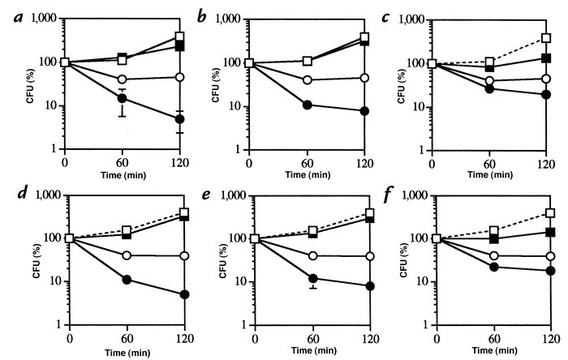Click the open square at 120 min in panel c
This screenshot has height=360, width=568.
(x=547, y=37)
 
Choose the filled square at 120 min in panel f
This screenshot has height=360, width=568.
(x=551, y=232)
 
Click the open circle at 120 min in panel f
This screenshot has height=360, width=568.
(x=551, y=255)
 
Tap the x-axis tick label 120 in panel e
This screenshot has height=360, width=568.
(x=371, y=337)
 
